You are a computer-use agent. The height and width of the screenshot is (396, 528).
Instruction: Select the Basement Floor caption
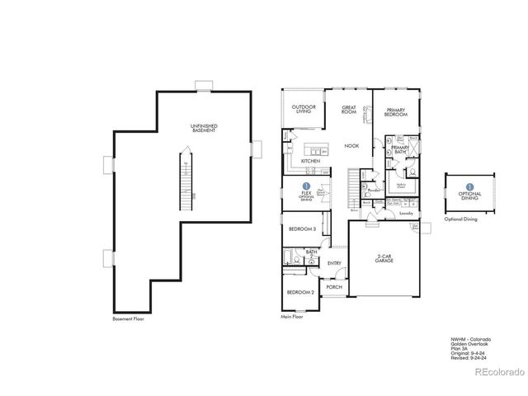coord(128,318)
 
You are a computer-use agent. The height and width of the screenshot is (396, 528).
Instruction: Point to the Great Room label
coord(349,109)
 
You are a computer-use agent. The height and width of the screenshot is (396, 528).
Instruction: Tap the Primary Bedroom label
coord(397,112)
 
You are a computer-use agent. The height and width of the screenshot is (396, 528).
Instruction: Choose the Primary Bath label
coord(400,151)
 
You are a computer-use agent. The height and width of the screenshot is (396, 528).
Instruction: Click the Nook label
coord(351,146)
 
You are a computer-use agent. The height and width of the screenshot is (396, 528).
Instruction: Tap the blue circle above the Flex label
coord(307,186)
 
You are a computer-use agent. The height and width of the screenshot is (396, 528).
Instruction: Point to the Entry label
coord(334,263)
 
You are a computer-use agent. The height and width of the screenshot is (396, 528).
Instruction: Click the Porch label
coord(332,287)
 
